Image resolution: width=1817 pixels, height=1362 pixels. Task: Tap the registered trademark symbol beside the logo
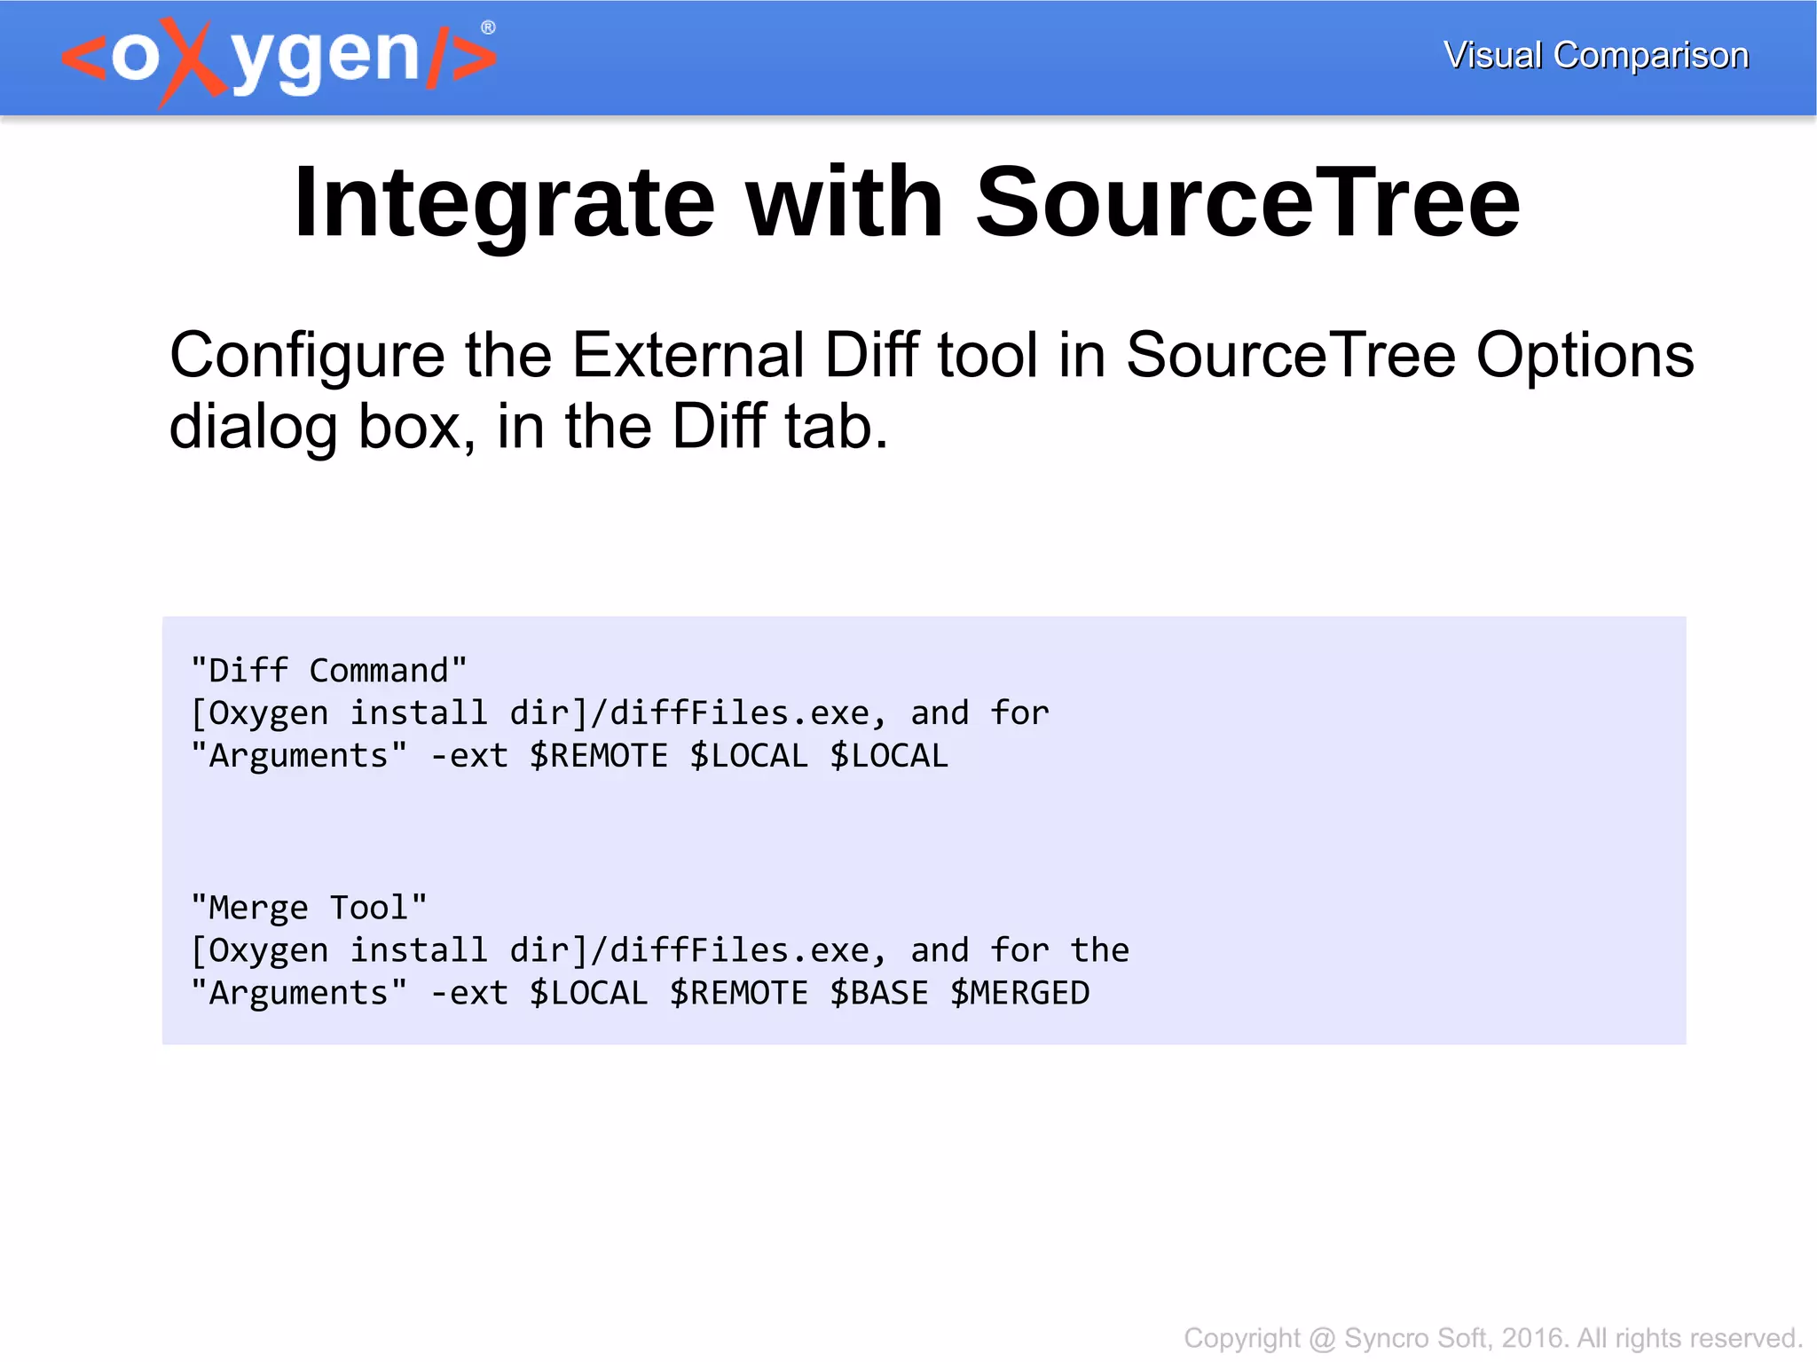(488, 28)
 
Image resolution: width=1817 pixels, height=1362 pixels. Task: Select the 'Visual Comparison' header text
(1595, 55)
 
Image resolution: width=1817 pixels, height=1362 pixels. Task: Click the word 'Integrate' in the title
(503, 203)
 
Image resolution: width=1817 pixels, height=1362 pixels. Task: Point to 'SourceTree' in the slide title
(1247, 203)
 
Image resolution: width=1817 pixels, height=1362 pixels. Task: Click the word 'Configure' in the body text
(307, 356)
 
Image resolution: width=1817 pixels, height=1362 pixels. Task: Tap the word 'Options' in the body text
(1585, 356)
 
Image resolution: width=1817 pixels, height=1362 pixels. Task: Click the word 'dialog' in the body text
(254, 427)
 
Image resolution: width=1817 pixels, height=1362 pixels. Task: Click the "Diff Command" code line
(328, 671)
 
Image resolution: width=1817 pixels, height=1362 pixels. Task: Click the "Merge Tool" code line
(309, 908)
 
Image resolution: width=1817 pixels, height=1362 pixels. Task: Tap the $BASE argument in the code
(879, 993)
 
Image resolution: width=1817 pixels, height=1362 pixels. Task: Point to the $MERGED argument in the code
(1019, 993)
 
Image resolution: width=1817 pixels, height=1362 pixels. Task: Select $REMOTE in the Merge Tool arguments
(739, 993)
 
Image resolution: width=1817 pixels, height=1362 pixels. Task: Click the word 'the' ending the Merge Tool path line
(1099, 950)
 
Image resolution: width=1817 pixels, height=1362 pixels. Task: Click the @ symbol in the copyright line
(1322, 1338)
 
